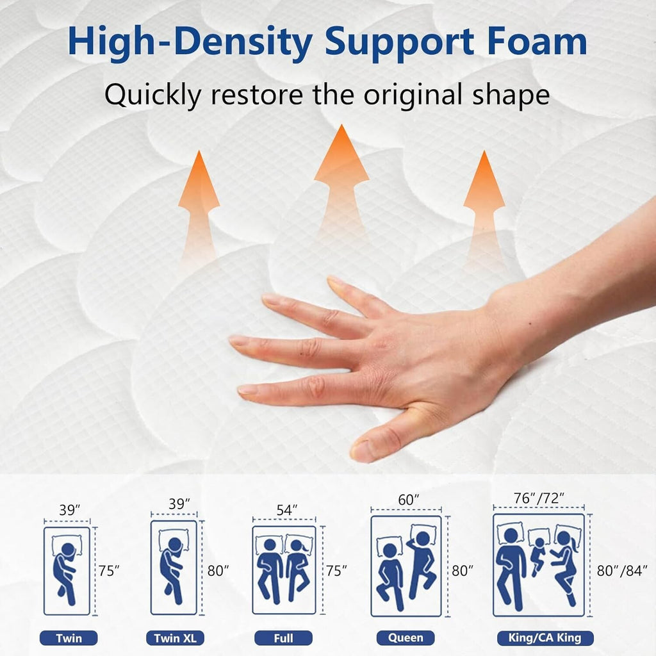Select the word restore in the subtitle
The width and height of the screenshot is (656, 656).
point(259,95)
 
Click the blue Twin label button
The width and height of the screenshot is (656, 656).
point(69,638)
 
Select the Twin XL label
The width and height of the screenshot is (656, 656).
point(174,638)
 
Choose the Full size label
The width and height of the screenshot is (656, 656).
point(283,638)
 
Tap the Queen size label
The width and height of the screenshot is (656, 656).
point(405,637)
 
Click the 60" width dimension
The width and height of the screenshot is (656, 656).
point(408,498)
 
